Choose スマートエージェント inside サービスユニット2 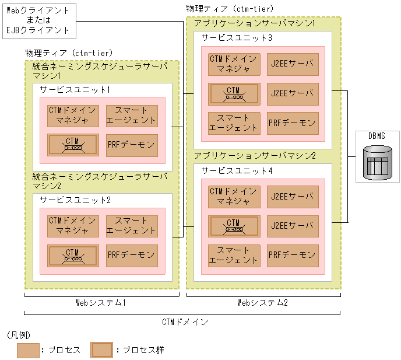pos(132,226)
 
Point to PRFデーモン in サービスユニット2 pos(132,256)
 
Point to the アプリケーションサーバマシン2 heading pos(255,156)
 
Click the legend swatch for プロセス pos(28,350)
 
